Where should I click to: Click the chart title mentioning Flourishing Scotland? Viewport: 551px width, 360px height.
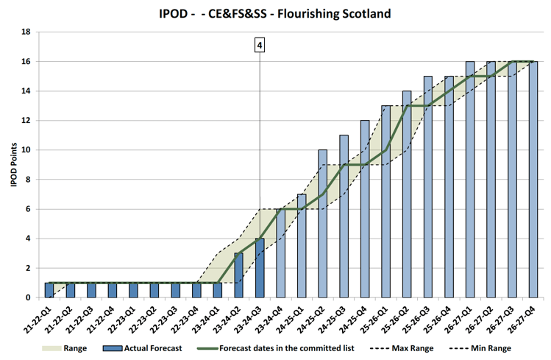275,13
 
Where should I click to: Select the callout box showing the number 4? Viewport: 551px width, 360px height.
260,46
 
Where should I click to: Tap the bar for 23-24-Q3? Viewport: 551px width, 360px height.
260,268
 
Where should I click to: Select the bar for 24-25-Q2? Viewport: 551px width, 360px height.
322,224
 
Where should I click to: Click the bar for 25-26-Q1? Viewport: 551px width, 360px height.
385,202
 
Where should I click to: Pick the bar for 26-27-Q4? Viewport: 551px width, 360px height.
533,180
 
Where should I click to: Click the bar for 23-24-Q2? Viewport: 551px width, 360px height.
238,275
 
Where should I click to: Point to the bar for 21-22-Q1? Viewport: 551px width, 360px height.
49,290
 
